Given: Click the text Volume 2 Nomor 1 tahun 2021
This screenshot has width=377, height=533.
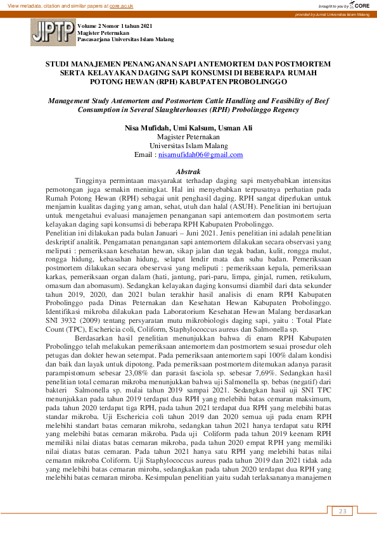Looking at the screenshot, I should coord(115,26).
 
